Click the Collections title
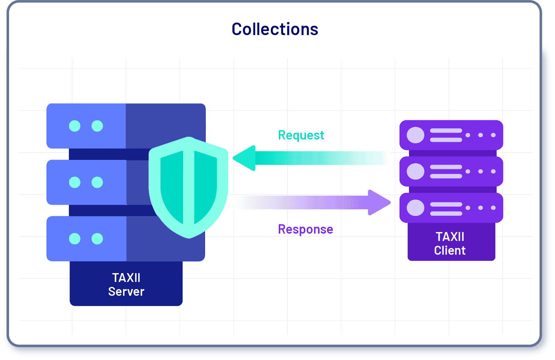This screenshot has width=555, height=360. coord(275,29)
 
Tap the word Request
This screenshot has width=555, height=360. coord(301,135)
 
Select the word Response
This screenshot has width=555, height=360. coord(305,229)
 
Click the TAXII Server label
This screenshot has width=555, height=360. coord(126,284)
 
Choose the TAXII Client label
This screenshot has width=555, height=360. coord(450,243)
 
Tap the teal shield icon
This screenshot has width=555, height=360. coord(188,187)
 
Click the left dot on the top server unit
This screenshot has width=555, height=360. coord(75,126)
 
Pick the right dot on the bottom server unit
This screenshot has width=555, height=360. coord(97,239)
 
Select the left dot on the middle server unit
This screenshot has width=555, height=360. coord(75,182)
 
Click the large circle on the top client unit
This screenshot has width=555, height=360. coord(416,135)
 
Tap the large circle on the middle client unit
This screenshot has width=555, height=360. coord(416,171)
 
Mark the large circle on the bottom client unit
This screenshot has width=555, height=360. coord(416,208)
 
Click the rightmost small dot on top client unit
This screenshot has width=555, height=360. coord(493,135)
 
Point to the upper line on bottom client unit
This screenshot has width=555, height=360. coord(446,204)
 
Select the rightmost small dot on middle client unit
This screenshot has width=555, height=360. coord(493,171)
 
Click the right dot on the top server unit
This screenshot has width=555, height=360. coord(97,126)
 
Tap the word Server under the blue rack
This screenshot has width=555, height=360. coord(126,292)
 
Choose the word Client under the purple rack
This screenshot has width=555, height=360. coord(450,250)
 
